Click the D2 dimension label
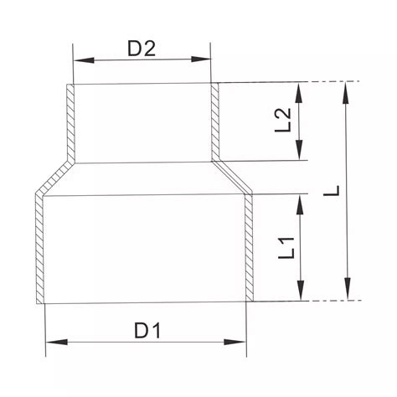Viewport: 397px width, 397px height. point(142,48)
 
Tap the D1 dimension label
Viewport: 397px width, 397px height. point(147,330)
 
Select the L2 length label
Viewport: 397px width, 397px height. point(285,120)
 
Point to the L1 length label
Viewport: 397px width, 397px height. point(287,247)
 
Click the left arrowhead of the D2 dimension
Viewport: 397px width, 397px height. point(78,59)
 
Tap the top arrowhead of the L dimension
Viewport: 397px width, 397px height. point(347,86)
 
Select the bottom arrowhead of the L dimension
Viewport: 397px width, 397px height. point(347,295)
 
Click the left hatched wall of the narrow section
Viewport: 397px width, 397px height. point(71,121)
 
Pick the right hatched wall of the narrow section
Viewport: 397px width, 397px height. point(214,121)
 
